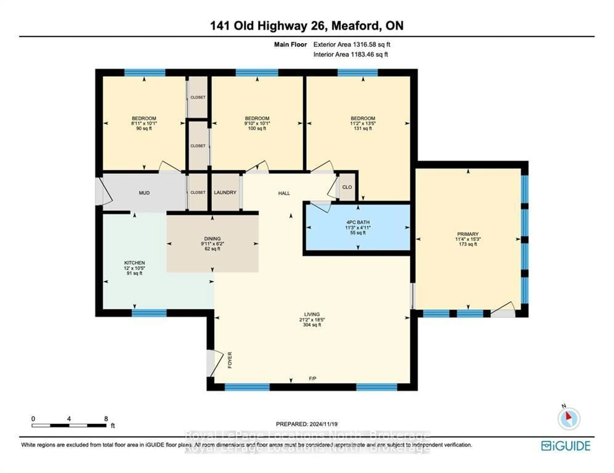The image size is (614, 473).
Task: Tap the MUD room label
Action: pyautogui.click(x=144, y=193)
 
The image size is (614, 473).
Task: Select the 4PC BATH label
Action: pyautogui.click(x=358, y=222)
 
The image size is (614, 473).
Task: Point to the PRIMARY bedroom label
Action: pyautogui.click(x=468, y=234)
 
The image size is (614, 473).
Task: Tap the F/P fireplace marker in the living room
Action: pyautogui.click(x=312, y=378)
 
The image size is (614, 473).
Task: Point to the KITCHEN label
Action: pyautogui.click(x=134, y=263)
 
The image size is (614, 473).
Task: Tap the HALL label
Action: pyautogui.click(x=284, y=193)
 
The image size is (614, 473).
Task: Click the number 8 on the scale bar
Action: pyautogui.click(x=106, y=419)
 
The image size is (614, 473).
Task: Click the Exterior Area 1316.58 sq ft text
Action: pyautogui.click(x=352, y=44)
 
